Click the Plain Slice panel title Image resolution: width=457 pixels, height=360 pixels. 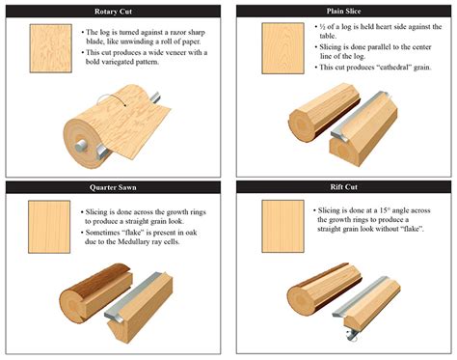click(345, 11)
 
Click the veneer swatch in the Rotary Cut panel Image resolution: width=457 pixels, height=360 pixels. click(49, 48)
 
